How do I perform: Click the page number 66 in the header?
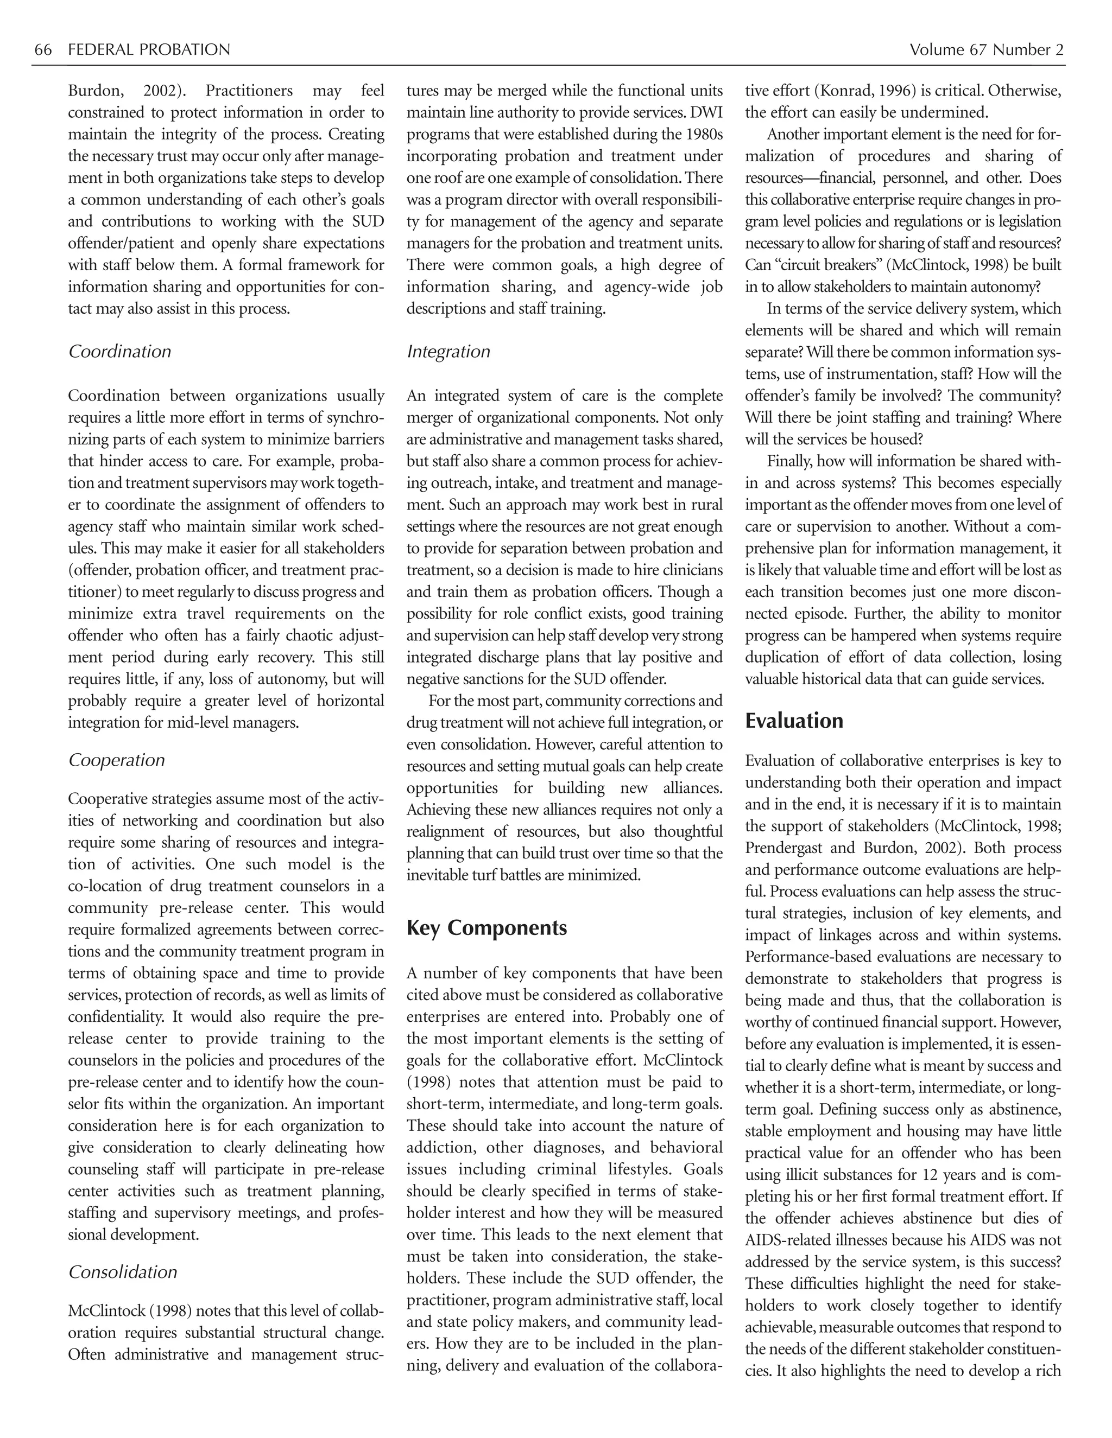pyautogui.click(x=43, y=50)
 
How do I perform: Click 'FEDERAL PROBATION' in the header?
pyautogui.click(x=149, y=50)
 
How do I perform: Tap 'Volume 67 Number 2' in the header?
pyautogui.click(x=986, y=50)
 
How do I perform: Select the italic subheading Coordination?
pyautogui.click(x=119, y=352)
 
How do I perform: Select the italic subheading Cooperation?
pyautogui.click(x=117, y=760)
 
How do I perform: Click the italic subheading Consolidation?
pyautogui.click(x=123, y=1271)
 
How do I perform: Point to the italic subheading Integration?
pyautogui.click(x=448, y=352)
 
